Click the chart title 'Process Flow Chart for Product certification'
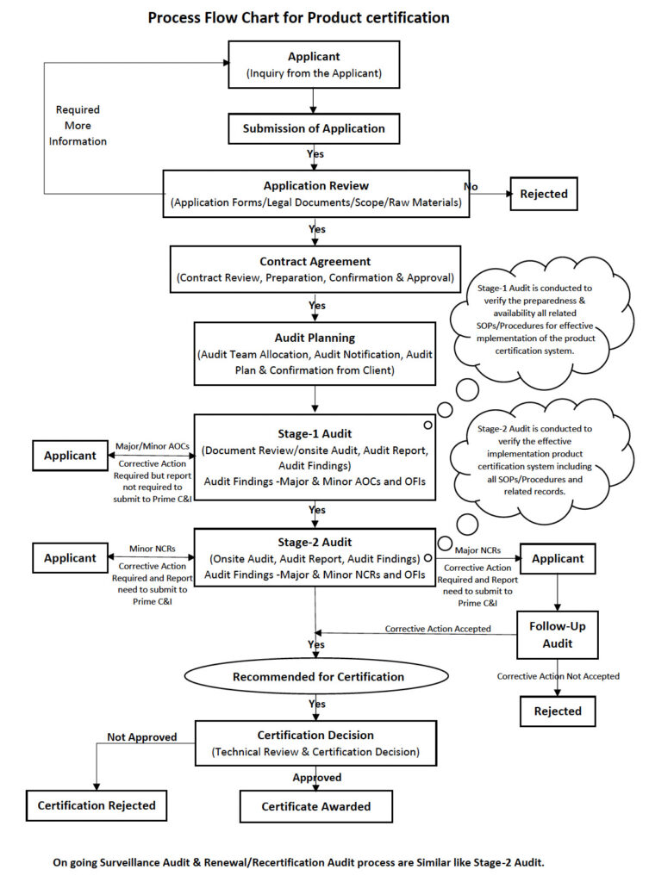coord(298,18)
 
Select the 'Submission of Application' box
coord(314,128)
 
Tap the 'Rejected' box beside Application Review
coord(544,194)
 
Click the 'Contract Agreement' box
coord(315,270)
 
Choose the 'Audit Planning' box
coord(315,354)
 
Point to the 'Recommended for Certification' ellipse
coord(317,677)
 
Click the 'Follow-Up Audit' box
coord(558,635)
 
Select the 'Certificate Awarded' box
coord(315,806)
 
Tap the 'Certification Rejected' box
coord(97,805)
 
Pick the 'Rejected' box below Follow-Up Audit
coord(558,711)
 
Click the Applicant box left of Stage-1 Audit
coord(71,456)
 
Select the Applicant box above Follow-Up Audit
coord(558,558)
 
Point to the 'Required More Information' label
coord(78,126)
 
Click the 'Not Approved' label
coord(142,737)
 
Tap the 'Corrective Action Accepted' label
coord(438,629)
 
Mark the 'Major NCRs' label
coord(477,550)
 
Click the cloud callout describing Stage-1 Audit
coord(540,319)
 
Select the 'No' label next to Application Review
coord(471,186)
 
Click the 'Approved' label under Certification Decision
coord(317,778)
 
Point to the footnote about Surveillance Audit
coord(298,862)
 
